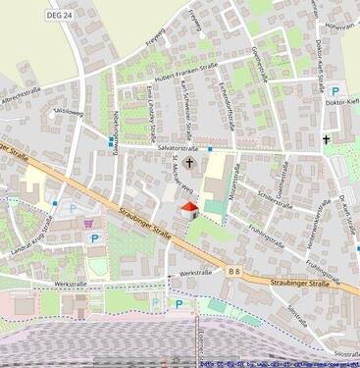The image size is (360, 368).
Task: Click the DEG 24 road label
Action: click(x=60, y=15)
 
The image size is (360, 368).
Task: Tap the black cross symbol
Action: click(x=328, y=140)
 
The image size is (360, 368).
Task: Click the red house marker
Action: click(x=189, y=210)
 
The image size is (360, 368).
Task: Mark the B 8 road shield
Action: click(x=233, y=269)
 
